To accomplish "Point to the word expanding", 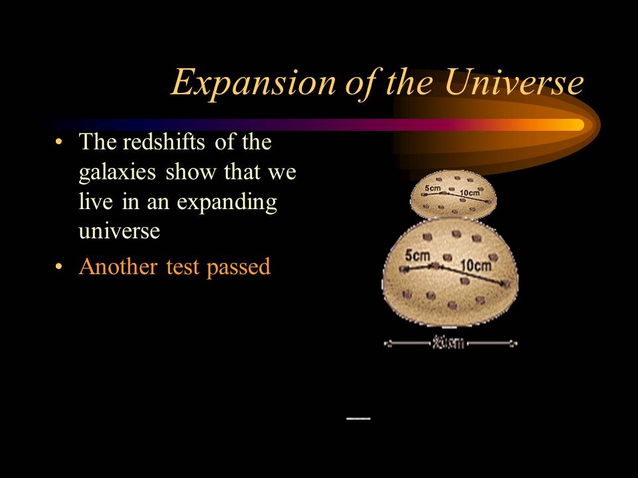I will pos(226,202).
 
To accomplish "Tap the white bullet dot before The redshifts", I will pos(60,142).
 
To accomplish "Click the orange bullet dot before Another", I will pos(60,267).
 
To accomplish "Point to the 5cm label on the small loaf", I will pos(433,189).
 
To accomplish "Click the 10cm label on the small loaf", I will pos(469,193).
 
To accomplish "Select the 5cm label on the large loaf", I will pos(417,256).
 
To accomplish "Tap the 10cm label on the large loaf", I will pos(476,266).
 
